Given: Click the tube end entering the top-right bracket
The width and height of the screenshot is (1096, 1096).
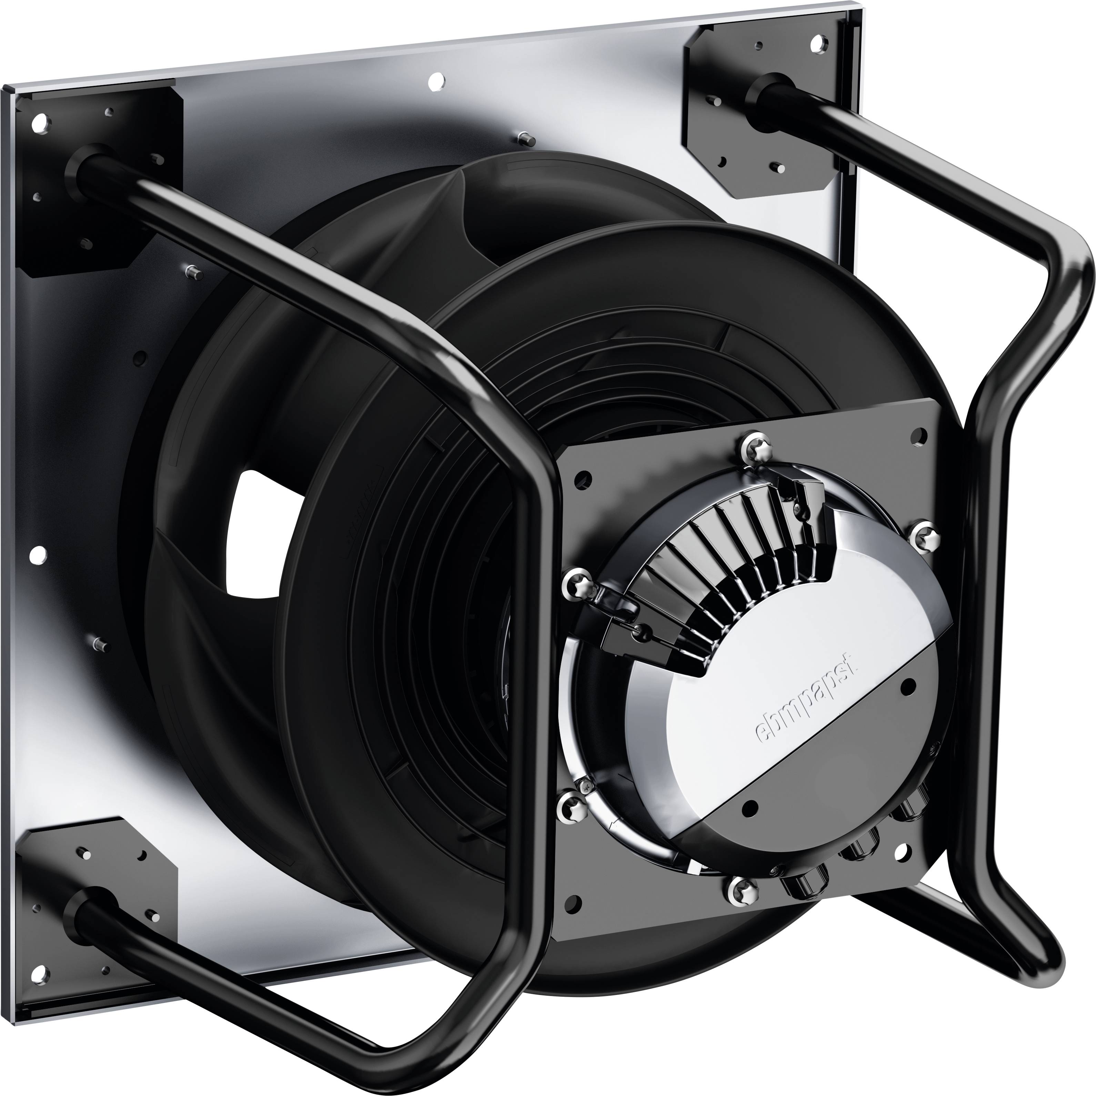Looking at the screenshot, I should [763, 91].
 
